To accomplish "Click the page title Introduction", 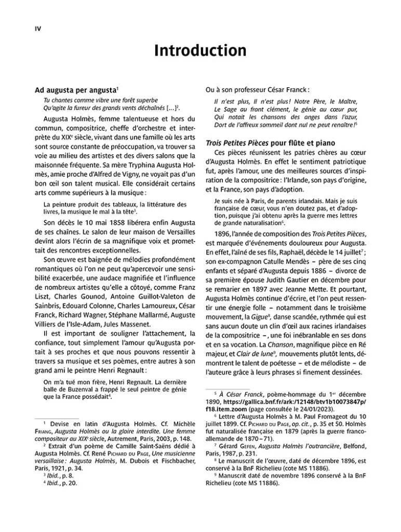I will point(200,51).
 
